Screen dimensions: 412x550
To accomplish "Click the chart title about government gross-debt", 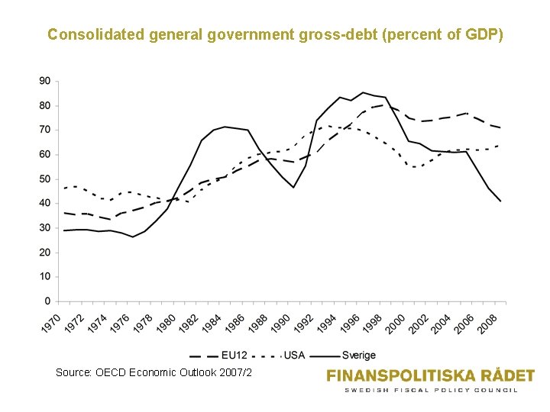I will (275, 34).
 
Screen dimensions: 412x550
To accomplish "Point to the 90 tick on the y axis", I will (45, 81).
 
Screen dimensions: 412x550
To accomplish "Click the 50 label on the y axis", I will (45, 179).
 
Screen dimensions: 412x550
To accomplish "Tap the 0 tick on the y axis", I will (47, 301).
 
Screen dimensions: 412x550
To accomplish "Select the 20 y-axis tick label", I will (45, 252).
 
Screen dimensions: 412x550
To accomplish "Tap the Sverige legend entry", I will (343, 355).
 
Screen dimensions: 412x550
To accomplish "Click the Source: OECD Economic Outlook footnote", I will (153, 372).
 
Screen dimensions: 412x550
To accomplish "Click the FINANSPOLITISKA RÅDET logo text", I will (430, 375).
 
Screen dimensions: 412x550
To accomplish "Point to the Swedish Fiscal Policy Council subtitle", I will (430, 390).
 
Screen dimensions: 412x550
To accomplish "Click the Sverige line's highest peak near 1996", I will (363, 92).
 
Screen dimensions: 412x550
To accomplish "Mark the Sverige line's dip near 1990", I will (293, 187).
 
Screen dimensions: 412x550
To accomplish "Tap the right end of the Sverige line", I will (500, 201).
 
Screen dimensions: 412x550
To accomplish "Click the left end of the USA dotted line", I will (64, 188).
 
